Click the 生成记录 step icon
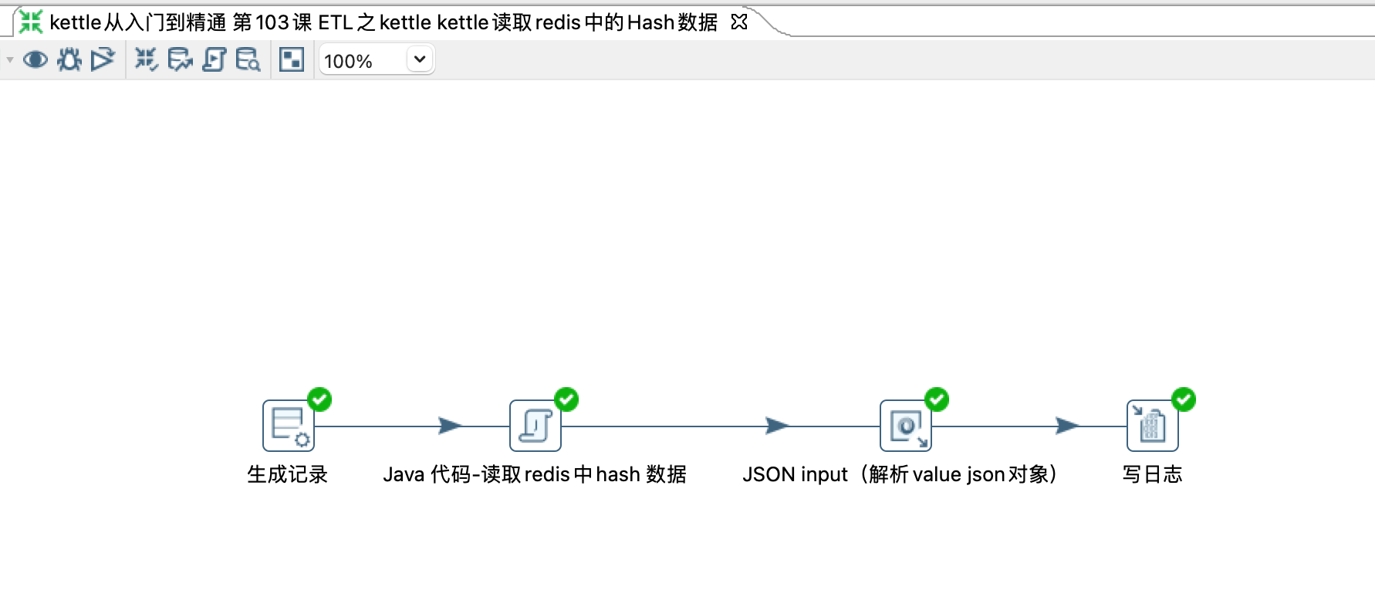pos(288,425)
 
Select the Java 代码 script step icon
pos(535,425)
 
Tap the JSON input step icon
pos(905,425)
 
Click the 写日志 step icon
pos(1152,425)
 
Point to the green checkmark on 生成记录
pos(319,399)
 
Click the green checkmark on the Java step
pos(566,399)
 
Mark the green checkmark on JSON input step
pos(937,399)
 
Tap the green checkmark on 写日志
pos(1184,399)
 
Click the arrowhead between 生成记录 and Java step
pos(450,425)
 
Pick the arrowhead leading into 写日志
pos(1067,425)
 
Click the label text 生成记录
pos(287,474)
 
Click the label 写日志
pos(1152,474)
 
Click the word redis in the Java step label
pos(547,474)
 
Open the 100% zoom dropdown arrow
pos(420,59)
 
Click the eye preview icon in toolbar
pos(35,59)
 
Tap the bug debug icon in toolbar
pos(69,59)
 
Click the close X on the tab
pos(739,22)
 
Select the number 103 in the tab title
pos(272,22)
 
